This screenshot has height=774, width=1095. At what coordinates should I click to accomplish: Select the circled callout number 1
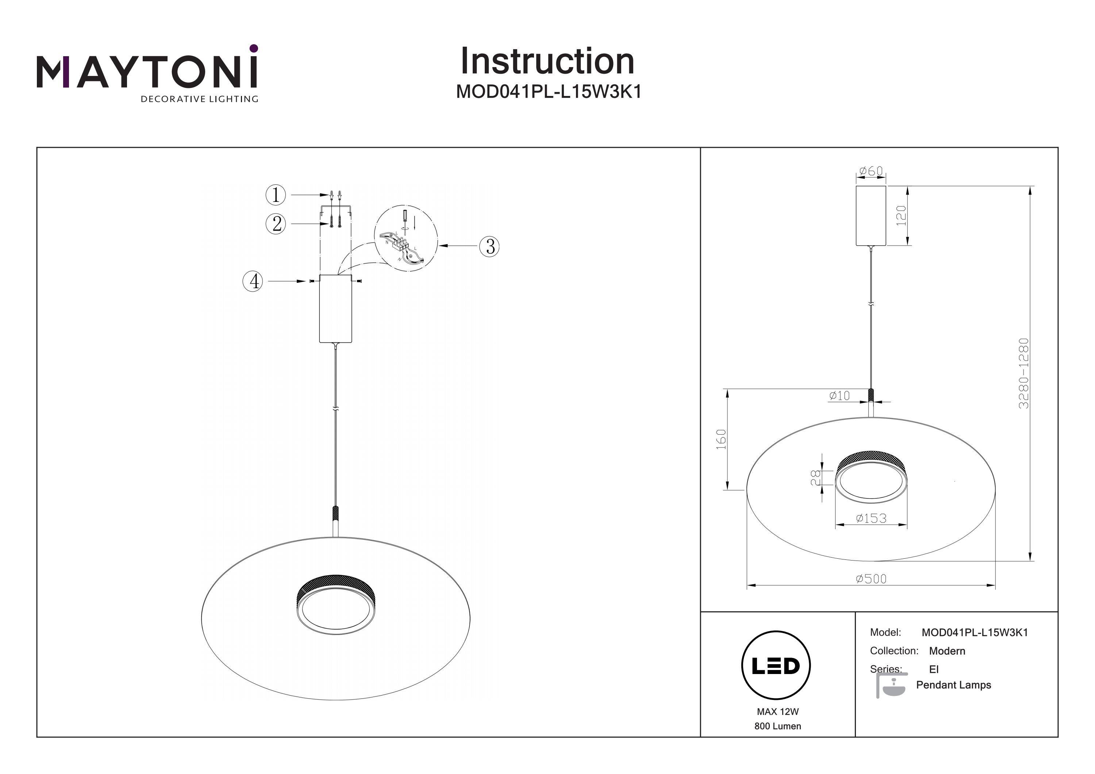[x=276, y=195]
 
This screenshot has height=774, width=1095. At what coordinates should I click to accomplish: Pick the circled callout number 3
[x=489, y=246]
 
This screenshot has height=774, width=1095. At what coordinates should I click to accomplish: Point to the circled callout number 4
[x=253, y=281]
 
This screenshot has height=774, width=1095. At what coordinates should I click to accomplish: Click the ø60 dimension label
[x=871, y=171]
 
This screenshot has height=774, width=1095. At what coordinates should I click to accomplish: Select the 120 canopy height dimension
[x=901, y=216]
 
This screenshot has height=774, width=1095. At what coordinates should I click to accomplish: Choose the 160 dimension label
[x=721, y=439]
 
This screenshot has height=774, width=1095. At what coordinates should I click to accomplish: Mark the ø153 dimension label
[x=871, y=518]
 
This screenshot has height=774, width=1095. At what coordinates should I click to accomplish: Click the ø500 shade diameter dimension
[x=871, y=578]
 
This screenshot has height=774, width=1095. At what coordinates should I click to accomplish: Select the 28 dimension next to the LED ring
[x=815, y=477]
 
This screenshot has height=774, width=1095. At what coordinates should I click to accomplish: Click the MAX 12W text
[x=777, y=712]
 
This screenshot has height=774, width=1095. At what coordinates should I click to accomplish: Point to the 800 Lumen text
[x=777, y=726]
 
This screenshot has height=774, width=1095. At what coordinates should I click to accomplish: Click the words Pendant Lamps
[x=953, y=685]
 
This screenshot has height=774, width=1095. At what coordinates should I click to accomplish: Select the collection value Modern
[x=947, y=651]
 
